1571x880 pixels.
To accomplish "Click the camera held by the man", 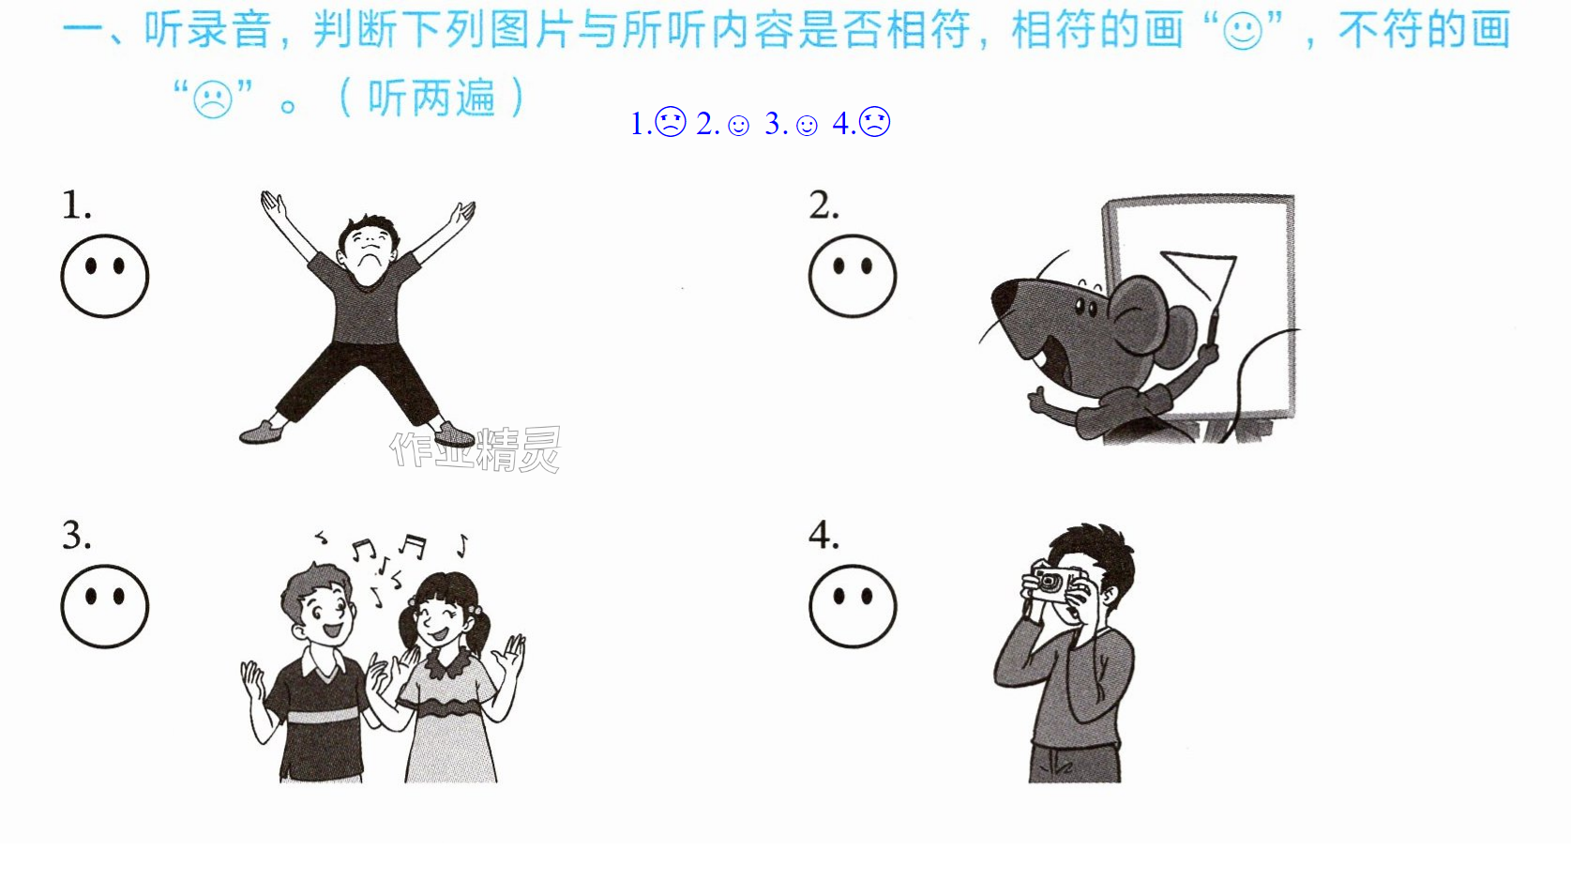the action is tap(1054, 583).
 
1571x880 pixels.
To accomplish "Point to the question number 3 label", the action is tap(76, 536).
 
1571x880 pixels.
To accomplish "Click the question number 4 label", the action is tap(823, 536).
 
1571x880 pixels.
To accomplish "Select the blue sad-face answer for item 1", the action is tap(671, 121).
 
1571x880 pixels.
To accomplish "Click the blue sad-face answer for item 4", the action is tap(874, 121).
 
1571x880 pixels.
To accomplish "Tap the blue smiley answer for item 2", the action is tap(738, 126).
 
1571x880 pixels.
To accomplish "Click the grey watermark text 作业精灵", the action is tap(476, 449).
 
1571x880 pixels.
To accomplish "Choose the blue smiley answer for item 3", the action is tap(807, 126).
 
